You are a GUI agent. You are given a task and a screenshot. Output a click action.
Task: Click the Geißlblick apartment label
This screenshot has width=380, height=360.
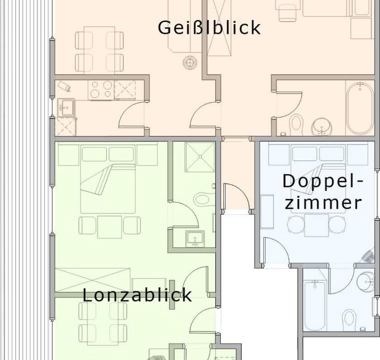[209, 27]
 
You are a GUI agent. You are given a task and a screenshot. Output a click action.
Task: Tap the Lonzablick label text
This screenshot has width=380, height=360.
[137, 294]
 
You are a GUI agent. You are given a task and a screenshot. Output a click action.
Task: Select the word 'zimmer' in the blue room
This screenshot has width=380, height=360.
[323, 203]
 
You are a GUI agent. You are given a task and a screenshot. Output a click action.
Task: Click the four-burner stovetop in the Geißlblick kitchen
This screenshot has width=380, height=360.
[101, 89]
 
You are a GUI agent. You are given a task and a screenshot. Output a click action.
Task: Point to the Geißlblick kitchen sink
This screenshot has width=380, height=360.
[66, 107]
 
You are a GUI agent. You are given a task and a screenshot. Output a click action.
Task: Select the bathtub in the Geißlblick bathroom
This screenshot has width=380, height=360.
[360, 108]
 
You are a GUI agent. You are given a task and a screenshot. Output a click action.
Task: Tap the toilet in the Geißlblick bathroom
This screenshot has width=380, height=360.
[296, 124]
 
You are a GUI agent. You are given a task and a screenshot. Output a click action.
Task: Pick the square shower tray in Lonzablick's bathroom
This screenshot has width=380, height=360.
[200, 156]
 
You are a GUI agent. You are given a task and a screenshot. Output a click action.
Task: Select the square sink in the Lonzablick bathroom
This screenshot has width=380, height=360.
[195, 238]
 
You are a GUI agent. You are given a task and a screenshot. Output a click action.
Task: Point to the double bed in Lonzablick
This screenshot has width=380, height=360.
[108, 188]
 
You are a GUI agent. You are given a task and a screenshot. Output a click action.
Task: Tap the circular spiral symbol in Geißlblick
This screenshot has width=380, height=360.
[190, 62]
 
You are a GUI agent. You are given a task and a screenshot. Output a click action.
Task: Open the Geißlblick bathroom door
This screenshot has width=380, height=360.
[289, 105]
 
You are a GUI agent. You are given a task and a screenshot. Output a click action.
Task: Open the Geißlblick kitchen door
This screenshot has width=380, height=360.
[132, 114]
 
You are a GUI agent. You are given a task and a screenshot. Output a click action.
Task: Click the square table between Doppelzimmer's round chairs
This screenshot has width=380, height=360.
[317, 225]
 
